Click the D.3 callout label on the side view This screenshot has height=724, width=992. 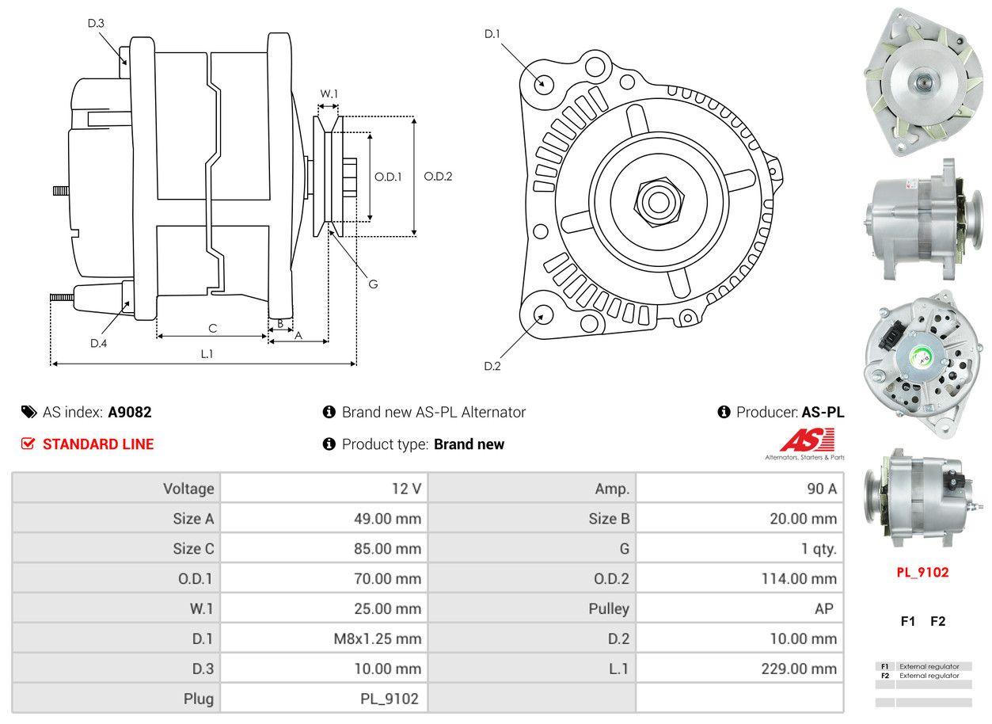(x=96, y=24)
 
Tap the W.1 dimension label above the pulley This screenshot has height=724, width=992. (x=329, y=93)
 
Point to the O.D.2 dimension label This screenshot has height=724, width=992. (x=438, y=177)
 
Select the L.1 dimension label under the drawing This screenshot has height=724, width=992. (x=207, y=354)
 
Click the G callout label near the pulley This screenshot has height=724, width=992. (x=373, y=284)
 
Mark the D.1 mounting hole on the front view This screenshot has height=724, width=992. (x=543, y=82)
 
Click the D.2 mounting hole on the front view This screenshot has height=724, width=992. (x=543, y=314)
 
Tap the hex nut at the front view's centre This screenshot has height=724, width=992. (x=656, y=200)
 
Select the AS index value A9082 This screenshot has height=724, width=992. (x=130, y=412)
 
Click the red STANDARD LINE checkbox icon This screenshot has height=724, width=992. (x=29, y=444)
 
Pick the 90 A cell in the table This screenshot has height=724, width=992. (x=821, y=489)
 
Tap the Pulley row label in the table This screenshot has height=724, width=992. (x=609, y=608)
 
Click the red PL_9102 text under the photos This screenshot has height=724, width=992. (x=922, y=572)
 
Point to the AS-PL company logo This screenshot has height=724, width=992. (x=807, y=442)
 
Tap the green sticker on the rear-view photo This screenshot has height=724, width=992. (x=923, y=359)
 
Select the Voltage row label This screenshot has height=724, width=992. (x=188, y=489)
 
